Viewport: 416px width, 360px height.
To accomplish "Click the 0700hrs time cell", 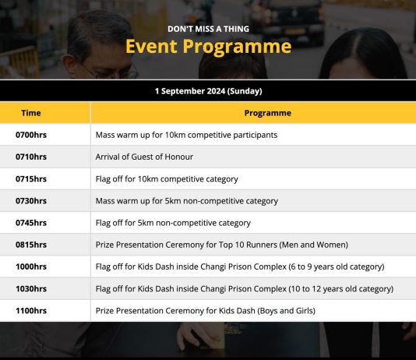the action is (31, 135).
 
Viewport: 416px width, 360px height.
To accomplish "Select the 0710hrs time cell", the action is (31, 157).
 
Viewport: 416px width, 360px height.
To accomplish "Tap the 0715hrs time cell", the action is (31, 178).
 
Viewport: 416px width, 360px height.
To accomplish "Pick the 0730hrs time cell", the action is (31, 201).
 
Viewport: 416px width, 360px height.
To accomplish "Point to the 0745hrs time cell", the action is (31, 223).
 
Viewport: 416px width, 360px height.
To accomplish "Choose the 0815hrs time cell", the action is (31, 245).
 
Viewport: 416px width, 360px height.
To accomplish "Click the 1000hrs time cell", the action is (31, 266).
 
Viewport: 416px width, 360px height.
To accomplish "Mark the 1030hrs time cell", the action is (31, 288).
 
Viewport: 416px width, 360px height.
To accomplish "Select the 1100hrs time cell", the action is (31, 311).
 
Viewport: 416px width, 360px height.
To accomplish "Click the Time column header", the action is (31, 113).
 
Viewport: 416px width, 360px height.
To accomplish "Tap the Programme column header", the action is (268, 113).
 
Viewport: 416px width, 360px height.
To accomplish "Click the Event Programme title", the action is (209, 47).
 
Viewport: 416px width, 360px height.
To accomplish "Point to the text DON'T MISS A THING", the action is (208, 29).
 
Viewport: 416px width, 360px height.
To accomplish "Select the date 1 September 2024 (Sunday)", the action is (209, 91).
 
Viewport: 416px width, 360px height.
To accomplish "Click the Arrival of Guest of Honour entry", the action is (144, 157).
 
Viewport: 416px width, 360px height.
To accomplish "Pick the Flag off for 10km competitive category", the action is (167, 179).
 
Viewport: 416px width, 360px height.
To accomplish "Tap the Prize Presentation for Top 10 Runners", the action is (222, 245).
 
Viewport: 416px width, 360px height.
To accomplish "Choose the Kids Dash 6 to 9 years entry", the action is (240, 266).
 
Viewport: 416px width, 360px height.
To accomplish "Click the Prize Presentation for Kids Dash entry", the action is (206, 311).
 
